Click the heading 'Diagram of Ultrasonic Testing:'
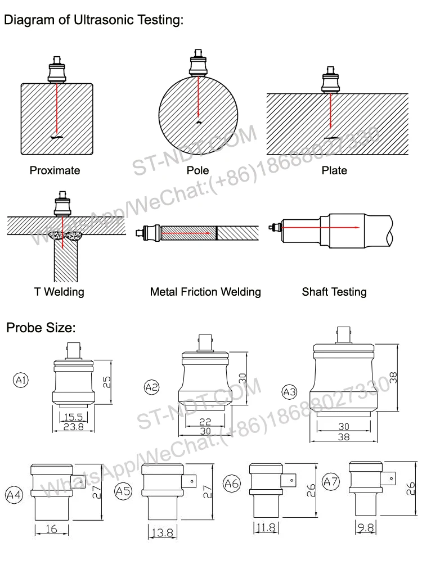[94, 21]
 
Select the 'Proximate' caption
[55, 170]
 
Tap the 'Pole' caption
[197, 170]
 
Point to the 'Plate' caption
[334, 170]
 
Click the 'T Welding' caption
[59, 292]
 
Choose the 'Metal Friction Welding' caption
[205, 292]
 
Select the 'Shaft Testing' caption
[334, 292]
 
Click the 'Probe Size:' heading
[41, 328]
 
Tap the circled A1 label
[21, 381]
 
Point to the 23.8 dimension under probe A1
[73, 427]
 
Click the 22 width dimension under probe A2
[205, 422]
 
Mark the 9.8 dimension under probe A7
[366, 528]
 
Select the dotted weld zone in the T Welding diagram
[66, 235]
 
